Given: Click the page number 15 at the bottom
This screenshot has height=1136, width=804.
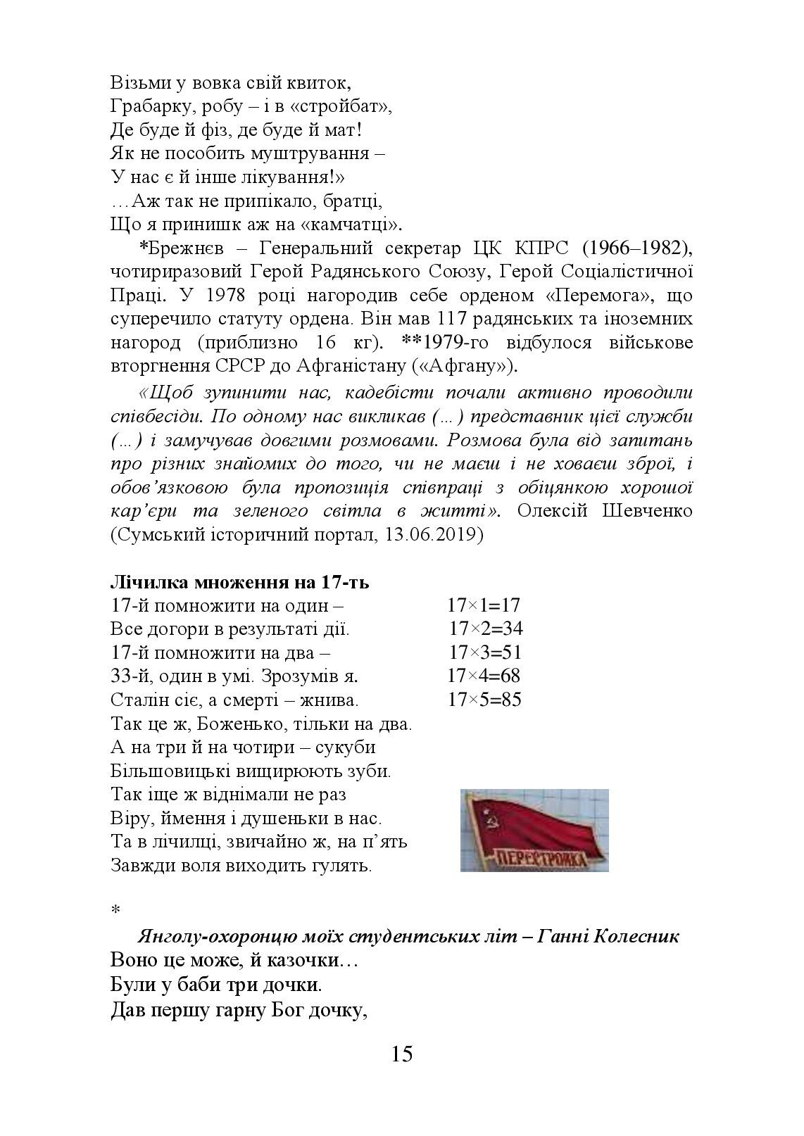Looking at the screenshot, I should (402, 1054).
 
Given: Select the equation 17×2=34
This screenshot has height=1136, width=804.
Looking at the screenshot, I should (486, 629).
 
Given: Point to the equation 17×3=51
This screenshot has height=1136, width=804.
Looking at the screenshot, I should (486, 652).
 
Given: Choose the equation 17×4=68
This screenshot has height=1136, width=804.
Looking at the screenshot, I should (484, 676).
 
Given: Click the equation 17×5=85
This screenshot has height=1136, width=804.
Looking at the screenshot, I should (484, 700).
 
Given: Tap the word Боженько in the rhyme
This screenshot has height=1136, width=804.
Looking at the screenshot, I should (236, 724).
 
